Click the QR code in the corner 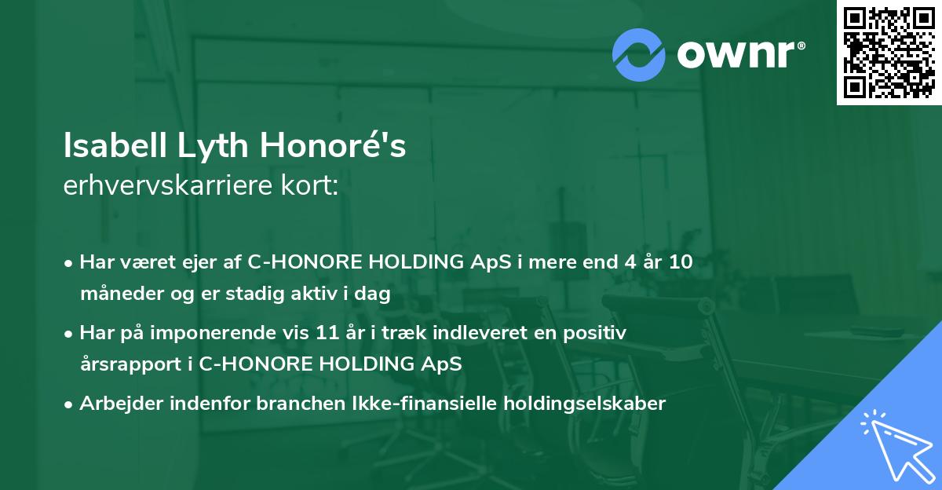[889, 53]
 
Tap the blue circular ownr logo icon [639, 54]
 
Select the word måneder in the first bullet [116, 294]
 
